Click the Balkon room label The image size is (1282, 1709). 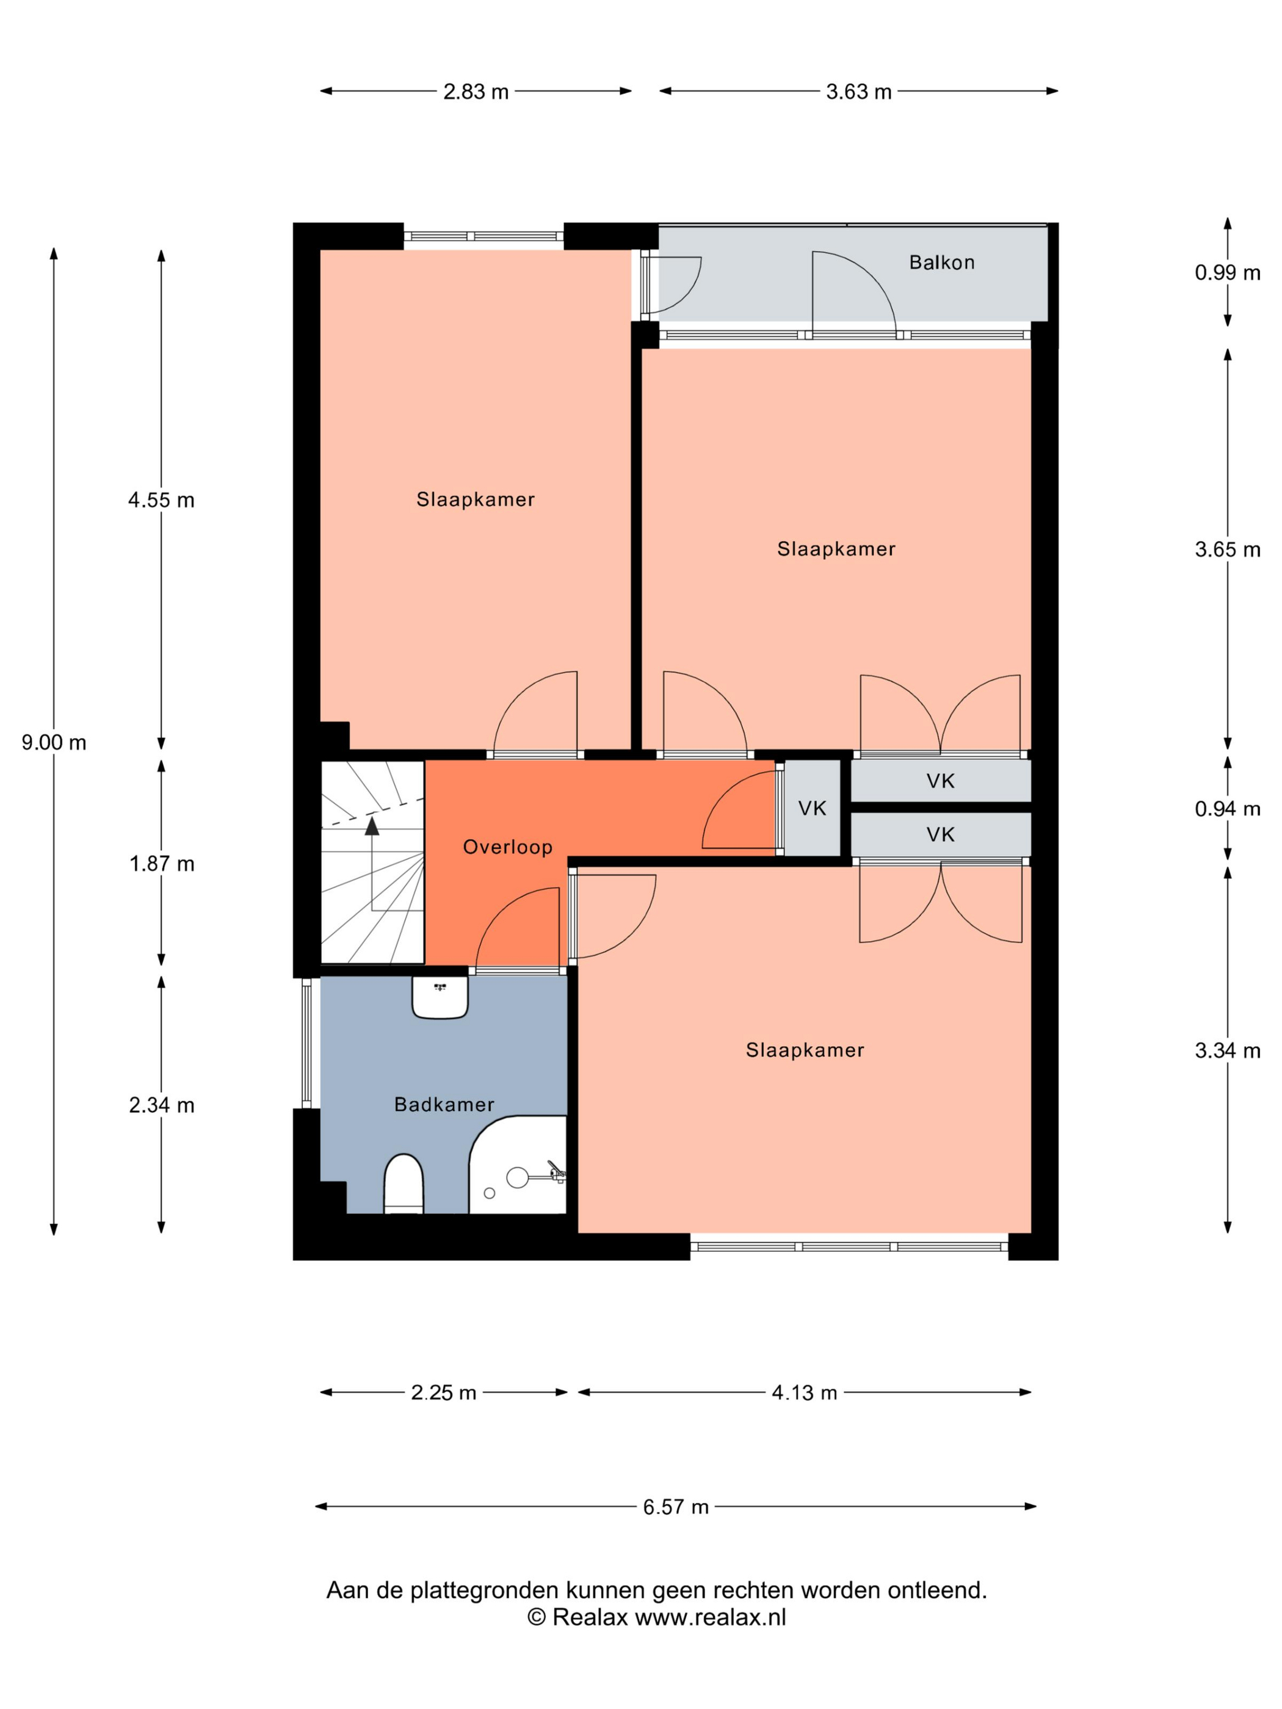click(x=941, y=262)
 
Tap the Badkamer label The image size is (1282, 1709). click(x=444, y=1105)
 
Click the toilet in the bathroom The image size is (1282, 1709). click(x=404, y=1183)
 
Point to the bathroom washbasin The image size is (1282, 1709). click(x=440, y=997)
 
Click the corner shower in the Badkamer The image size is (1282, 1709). click(x=518, y=1165)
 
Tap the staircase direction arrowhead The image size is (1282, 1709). click(x=372, y=826)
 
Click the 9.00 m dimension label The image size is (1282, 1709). click(x=54, y=742)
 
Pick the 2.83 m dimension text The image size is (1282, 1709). click(x=476, y=92)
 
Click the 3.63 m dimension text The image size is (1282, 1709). click(x=858, y=92)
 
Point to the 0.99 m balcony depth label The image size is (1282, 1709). click(x=1227, y=273)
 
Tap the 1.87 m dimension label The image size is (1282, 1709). click(x=162, y=864)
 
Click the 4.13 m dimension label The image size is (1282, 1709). click(x=805, y=1392)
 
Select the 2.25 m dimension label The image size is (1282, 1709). click(x=444, y=1392)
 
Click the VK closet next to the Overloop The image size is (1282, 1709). click(x=812, y=808)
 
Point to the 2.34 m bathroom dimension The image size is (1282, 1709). click(x=162, y=1105)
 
